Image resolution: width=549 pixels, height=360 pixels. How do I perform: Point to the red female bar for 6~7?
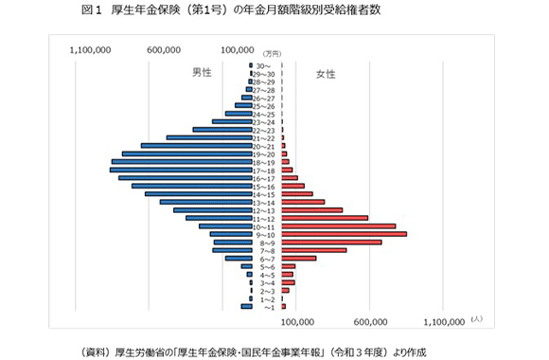298,258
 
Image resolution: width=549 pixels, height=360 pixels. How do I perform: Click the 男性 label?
202,72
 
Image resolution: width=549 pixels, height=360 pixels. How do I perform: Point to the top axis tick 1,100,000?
92,50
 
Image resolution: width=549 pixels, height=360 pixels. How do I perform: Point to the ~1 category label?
268,307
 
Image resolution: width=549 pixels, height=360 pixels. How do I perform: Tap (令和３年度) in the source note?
357,350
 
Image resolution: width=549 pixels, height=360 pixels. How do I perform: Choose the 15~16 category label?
266,187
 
